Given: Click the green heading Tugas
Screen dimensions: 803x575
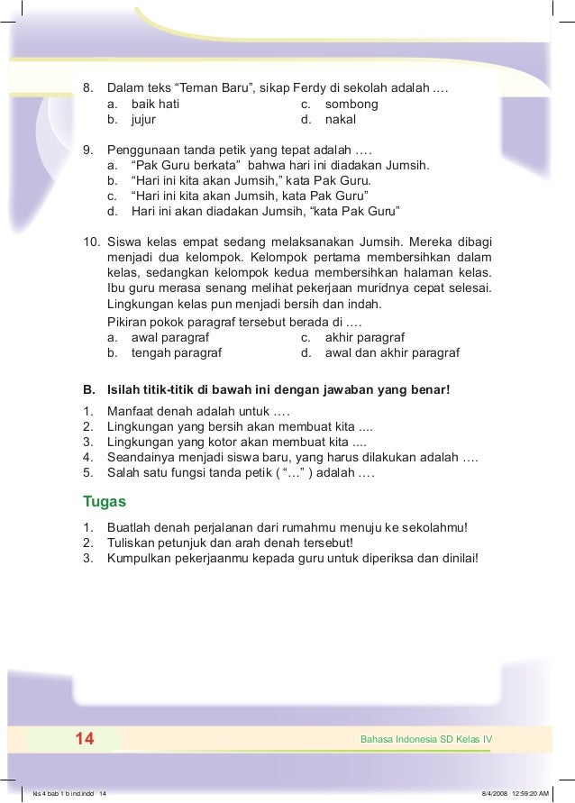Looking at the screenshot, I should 105,501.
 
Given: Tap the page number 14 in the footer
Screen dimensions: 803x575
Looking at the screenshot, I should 85,740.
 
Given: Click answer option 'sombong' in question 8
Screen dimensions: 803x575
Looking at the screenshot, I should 351,105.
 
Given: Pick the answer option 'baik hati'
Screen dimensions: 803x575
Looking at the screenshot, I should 154,105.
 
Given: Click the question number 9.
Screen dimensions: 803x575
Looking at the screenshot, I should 87,151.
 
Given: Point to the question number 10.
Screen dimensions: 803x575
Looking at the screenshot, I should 91,242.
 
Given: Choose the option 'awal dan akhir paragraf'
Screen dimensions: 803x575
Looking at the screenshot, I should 392,353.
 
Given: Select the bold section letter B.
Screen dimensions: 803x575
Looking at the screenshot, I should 88,390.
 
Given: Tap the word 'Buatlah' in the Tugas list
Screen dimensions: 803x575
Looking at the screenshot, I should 128,528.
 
